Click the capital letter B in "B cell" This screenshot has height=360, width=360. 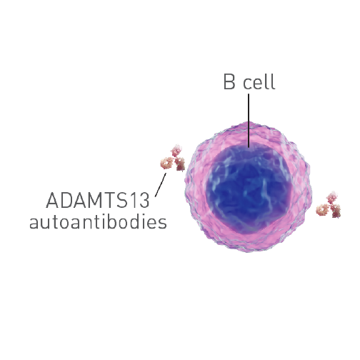click(229, 82)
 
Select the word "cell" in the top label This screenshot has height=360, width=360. click(259, 82)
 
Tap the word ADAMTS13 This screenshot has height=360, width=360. click(98, 200)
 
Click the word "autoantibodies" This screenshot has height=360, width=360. click(98, 221)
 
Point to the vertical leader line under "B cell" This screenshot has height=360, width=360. click(249, 121)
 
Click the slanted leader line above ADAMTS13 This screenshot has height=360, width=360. click(161, 185)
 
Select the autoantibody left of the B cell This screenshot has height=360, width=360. click(173, 158)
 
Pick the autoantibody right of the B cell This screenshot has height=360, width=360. click(329, 205)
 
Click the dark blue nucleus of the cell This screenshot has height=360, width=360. click(249, 188)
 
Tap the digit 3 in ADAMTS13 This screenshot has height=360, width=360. click(144, 200)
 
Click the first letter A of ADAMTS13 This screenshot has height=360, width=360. click(52, 200)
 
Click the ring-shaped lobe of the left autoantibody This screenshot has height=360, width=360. click(166, 163)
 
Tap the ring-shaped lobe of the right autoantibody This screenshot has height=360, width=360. click(322, 209)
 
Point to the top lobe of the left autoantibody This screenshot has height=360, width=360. click(176, 150)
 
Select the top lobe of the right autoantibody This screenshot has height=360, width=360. click(332, 197)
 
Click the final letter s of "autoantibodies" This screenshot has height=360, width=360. click(162, 223)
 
